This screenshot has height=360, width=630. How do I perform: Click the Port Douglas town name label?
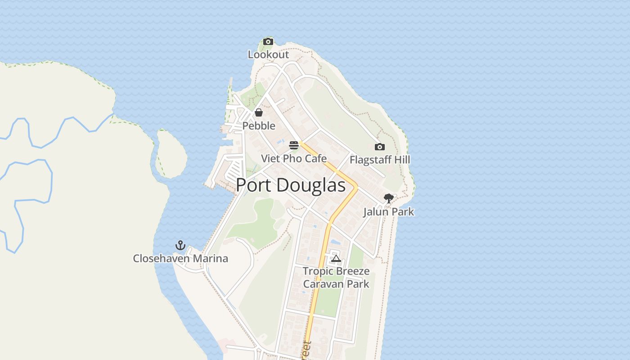291,185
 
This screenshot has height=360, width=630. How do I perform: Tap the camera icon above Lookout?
268,42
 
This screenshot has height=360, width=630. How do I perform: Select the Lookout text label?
268,54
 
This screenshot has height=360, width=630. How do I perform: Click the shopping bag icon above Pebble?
259,112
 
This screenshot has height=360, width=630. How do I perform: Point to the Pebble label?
259,126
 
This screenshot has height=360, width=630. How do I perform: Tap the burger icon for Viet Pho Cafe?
294,145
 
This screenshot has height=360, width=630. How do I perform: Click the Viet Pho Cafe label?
294,158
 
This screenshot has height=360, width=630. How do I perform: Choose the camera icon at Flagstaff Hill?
380,147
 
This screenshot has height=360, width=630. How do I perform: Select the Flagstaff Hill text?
380,160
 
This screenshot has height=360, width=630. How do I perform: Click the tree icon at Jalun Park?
389,198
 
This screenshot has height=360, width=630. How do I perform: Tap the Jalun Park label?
389,211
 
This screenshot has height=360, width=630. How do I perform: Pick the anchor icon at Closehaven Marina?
180,245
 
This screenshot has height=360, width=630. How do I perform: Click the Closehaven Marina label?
180,259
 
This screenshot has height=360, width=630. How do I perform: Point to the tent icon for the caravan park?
336,258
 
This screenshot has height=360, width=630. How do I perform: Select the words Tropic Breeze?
336,271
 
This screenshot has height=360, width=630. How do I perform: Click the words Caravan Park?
336,284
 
